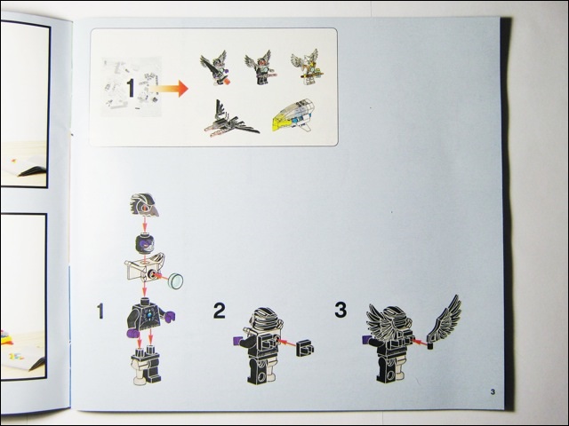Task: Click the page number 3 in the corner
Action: pos(493,391)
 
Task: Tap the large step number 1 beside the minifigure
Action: pos(100,312)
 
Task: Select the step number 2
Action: pos(219,311)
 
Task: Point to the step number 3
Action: pos(341,310)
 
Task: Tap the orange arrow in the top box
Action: pos(169,89)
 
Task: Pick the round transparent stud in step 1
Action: pos(177,280)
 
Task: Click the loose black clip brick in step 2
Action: pos(305,349)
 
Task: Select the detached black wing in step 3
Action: pos(445,320)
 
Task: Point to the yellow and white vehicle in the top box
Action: pos(294,116)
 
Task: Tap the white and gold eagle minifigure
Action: pos(308,67)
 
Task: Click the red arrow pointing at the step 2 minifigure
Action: pos(287,342)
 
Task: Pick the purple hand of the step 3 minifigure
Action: pos(366,340)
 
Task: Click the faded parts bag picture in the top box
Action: pos(131,87)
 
